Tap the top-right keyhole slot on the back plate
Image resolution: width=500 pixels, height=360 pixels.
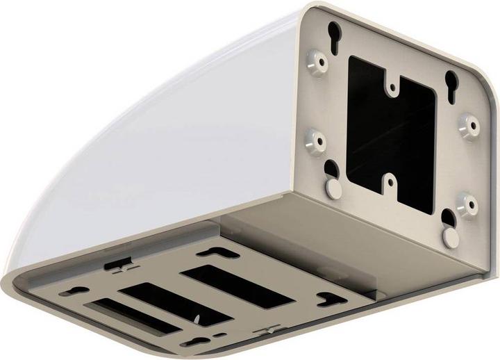coord(453,79)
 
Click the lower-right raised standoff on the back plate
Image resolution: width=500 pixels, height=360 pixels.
coord(467,204)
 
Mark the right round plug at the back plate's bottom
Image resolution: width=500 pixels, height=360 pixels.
coord(451,237)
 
